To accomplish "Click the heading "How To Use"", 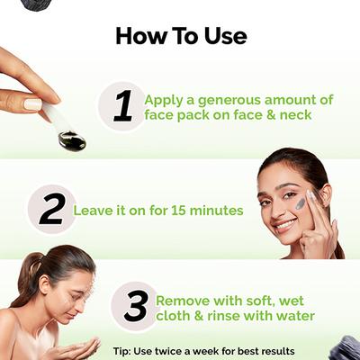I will tap(180, 37).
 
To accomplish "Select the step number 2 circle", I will tap(51, 209).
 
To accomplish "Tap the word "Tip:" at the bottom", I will tap(126, 349).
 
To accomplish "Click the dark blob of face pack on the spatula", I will tap(72, 141).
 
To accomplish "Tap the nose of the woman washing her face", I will tap(90, 306).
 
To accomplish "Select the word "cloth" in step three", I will tap(174, 316).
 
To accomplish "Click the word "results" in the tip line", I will tap(274, 349).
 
